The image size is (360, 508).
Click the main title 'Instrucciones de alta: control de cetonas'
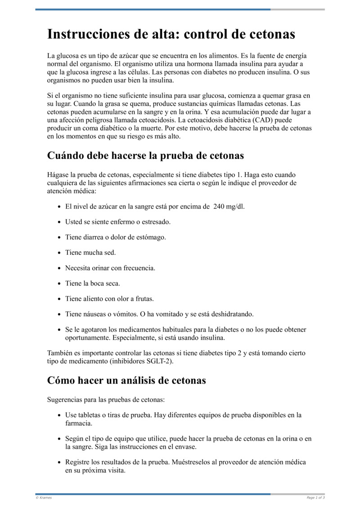[x=171, y=34]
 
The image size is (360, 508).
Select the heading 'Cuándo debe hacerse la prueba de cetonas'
[x=145, y=156]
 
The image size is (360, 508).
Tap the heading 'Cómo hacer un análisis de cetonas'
[x=126, y=380]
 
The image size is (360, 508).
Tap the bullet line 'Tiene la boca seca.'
[x=93, y=283]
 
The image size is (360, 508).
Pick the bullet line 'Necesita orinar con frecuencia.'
[x=110, y=268]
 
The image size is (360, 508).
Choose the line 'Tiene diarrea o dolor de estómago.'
[x=116, y=237]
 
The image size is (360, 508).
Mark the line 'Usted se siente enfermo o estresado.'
[x=118, y=222]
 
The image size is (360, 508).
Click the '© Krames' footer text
[x=44, y=498]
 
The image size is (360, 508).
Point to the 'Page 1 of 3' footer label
[x=315, y=498]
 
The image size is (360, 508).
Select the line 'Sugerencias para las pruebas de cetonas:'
[x=106, y=399]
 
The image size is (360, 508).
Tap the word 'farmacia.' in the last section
[x=79, y=423]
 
